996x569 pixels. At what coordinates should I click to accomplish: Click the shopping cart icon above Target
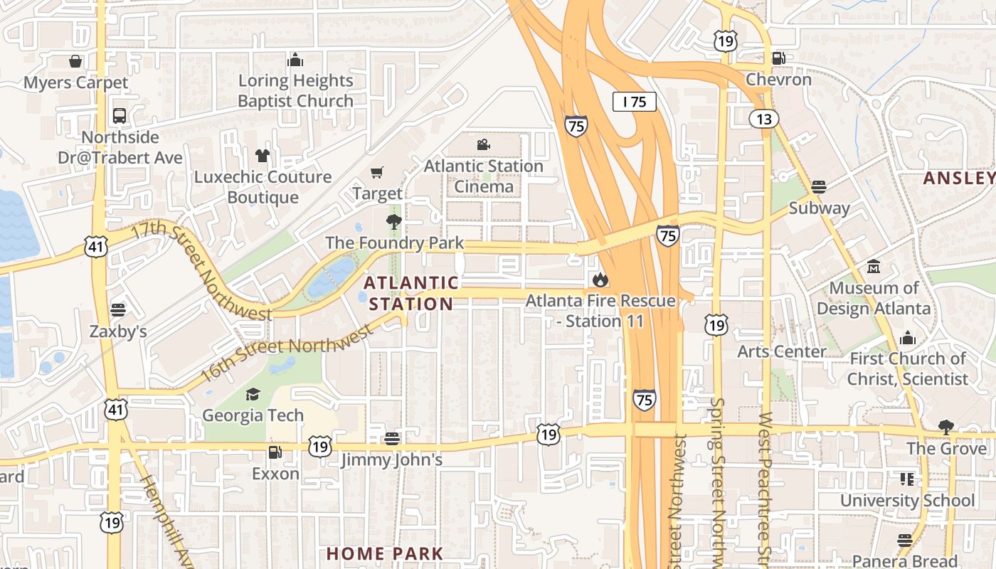[x=377, y=172]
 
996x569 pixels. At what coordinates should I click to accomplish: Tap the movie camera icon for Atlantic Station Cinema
[x=484, y=145]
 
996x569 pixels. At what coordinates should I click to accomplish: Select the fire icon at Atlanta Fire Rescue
[x=600, y=280]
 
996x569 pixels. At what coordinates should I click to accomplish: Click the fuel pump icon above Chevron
[x=779, y=58]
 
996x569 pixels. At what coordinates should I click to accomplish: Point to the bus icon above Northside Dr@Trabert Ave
[x=120, y=115]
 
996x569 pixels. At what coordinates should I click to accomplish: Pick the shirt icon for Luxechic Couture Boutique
[x=263, y=155]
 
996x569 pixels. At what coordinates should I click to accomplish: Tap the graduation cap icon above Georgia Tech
[x=253, y=394]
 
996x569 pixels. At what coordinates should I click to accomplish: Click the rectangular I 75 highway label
[x=634, y=102]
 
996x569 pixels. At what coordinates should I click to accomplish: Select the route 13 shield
[x=763, y=119]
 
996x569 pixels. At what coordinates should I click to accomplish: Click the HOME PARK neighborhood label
[x=384, y=553]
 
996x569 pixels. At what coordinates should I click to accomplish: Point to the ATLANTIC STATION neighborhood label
[x=410, y=293]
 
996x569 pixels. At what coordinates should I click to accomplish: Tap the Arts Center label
[x=781, y=351]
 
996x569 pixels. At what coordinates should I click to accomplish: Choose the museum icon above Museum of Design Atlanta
[x=874, y=267]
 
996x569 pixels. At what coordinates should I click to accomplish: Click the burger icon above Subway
[x=819, y=187]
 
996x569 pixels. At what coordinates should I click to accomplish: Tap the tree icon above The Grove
[x=945, y=427]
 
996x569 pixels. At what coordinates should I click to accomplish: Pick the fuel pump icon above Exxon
[x=275, y=452]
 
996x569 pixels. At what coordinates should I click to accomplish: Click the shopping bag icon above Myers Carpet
[x=75, y=61]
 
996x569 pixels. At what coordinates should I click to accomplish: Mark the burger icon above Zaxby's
[x=118, y=310]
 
